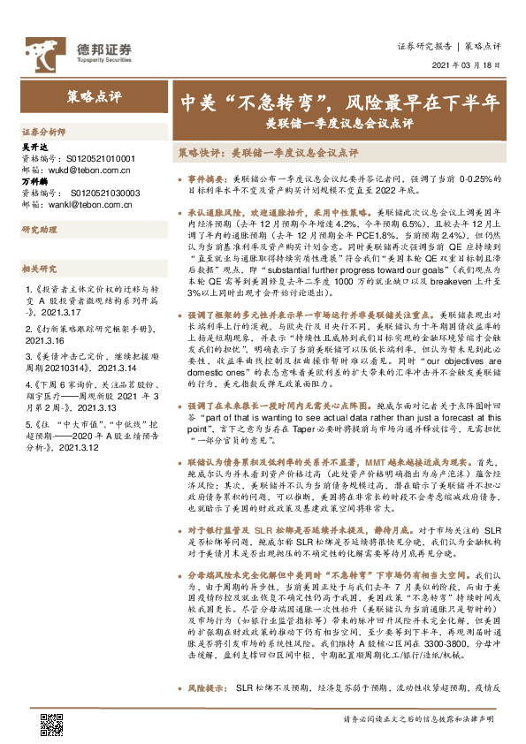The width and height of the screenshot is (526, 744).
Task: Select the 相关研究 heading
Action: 39,269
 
